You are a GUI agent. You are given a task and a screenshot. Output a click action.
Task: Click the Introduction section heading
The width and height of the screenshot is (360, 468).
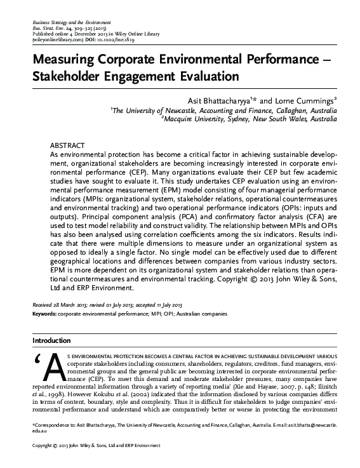(x=53, y=340)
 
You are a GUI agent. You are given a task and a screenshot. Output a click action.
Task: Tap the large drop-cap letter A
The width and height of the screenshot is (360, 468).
(x=53, y=366)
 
